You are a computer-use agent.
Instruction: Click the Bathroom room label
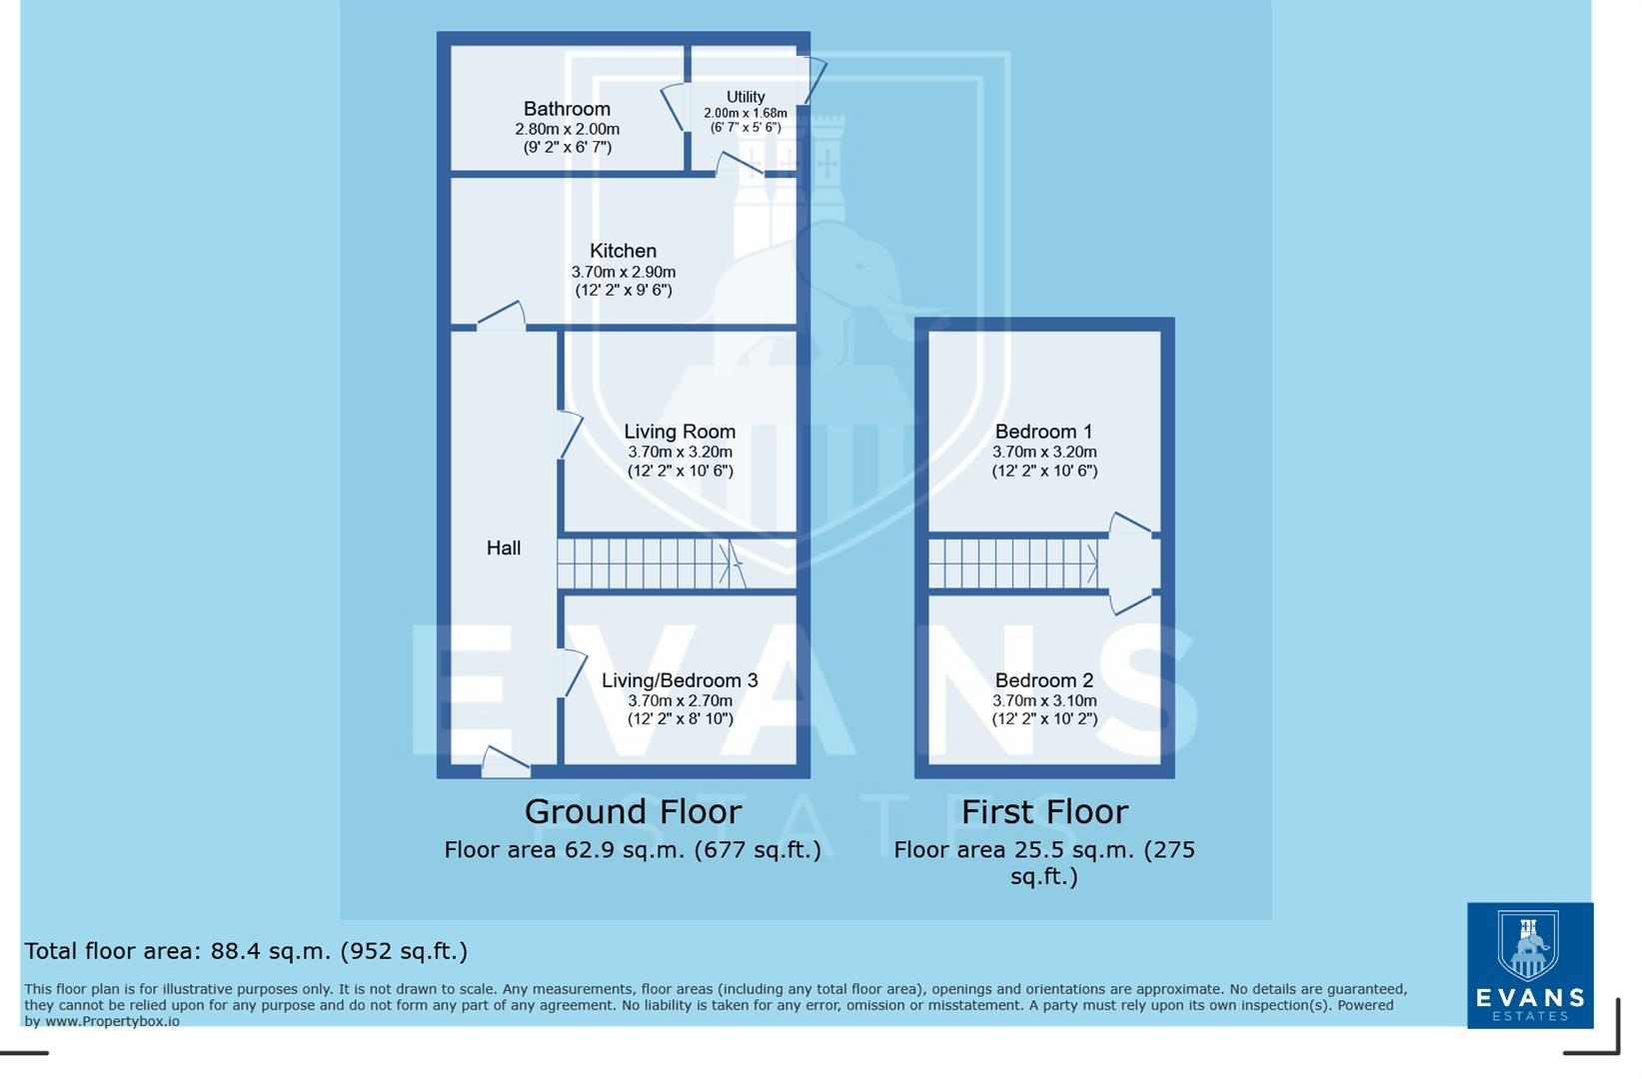tap(567, 109)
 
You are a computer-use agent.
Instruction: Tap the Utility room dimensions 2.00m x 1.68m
tap(745, 114)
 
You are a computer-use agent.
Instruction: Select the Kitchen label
tap(623, 251)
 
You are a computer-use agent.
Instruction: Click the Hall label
tap(504, 547)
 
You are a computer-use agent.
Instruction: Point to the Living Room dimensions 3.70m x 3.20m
tap(680, 452)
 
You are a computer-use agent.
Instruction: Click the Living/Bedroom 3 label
tap(680, 680)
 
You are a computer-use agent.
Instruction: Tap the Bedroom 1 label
tap(1043, 432)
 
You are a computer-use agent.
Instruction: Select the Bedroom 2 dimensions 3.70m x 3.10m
tap(1043, 701)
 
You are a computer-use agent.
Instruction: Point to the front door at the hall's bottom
tap(505, 762)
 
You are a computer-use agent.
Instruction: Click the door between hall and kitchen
tap(502, 316)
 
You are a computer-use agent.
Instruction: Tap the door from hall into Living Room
tap(570, 435)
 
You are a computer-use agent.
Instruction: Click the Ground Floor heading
tap(633, 812)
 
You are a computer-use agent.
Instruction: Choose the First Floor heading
tap(1043, 812)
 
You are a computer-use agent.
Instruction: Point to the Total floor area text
tap(246, 951)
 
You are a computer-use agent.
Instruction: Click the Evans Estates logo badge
tap(1529, 965)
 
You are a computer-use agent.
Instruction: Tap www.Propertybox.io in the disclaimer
tap(113, 1022)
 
